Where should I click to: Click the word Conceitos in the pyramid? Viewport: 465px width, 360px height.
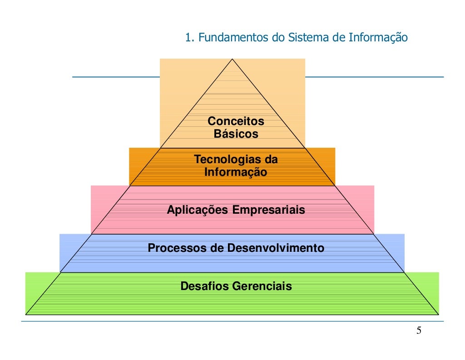click(x=236, y=121)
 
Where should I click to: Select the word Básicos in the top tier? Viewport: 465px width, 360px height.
click(x=236, y=134)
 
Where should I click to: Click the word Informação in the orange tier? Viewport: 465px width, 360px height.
click(x=236, y=173)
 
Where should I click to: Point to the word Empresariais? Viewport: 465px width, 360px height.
click(x=269, y=210)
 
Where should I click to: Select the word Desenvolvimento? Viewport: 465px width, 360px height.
click(x=276, y=248)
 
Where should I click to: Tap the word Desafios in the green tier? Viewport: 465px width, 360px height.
click(x=205, y=286)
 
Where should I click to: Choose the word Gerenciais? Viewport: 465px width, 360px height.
click(x=262, y=286)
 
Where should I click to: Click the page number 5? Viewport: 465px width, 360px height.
click(x=419, y=330)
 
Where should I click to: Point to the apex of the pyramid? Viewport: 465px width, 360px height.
click(x=232, y=59)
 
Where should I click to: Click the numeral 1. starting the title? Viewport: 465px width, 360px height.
click(x=190, y=37)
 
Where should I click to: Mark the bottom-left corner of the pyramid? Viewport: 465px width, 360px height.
click(x=26, y=314)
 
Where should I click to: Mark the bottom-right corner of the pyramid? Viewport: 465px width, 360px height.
click(x=438, y=314)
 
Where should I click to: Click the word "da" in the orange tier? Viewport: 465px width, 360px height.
click(x=271, y=160)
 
